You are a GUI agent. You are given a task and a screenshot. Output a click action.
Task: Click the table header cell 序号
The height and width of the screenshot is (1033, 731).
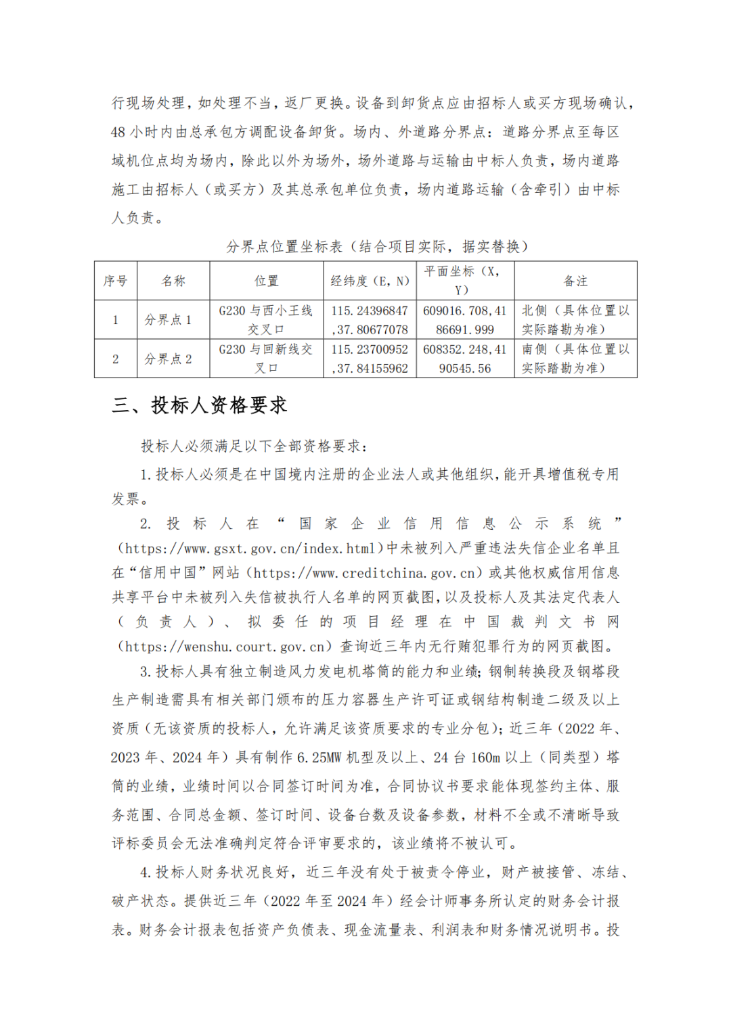[x=116, y=281]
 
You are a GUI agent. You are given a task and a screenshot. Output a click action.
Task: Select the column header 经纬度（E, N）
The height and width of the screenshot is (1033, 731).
[x=370, y=281]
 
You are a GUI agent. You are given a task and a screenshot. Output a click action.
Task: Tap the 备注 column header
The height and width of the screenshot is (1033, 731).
[x=575, y=281]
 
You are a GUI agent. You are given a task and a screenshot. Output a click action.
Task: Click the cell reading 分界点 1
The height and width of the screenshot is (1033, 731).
[x=168, y=320]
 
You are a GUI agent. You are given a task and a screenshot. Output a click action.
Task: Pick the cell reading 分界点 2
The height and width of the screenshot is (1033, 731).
[x=168, y=359]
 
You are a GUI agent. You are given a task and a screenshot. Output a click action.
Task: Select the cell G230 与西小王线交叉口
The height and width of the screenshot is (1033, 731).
[x=266, y=320]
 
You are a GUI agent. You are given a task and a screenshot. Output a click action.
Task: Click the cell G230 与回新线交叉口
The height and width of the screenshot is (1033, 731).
[x=266, y=359]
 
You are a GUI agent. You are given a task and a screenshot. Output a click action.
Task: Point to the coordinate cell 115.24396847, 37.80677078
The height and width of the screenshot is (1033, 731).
[x=370, y=320]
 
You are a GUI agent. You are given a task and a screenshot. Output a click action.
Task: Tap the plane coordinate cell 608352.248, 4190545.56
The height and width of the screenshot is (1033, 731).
[x=465, y=359]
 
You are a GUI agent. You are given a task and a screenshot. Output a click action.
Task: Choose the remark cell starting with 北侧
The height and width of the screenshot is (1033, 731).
[x=575, y=320]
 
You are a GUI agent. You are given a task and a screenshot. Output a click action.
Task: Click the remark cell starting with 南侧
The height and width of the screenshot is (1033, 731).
[x=575, y=359]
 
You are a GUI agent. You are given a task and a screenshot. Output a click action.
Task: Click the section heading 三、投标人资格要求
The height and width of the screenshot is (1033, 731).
[x=200, y=405]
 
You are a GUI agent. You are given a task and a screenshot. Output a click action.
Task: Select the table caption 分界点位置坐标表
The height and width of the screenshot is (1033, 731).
[x=284, y=247]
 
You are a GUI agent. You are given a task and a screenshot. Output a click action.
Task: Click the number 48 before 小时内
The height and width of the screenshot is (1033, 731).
[x=118, y=132]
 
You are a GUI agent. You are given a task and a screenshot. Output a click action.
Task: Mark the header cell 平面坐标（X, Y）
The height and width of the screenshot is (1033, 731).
[x=465, y=281]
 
